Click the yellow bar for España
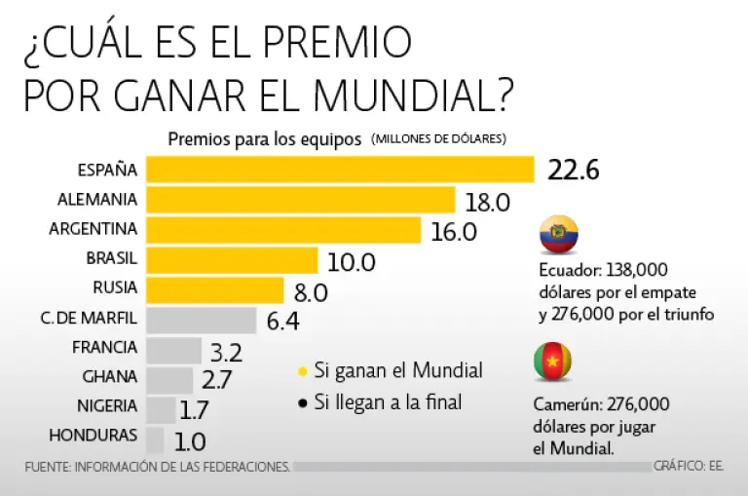pos(340,170)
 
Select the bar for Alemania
pos(300,200)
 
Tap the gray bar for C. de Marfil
pos(201,320)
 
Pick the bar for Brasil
pos(232,260)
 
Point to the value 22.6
pos(573,171)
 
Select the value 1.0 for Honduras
pos(190,440)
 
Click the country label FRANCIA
pos(105,347)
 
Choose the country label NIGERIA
pos(107,405)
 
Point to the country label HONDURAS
pos(93,435)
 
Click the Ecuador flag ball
pos(558,235)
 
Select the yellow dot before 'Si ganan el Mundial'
pos(303,371)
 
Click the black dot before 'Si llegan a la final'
pos(303,401)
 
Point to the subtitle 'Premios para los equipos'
pos(265,138)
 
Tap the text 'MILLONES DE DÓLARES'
pos(437,139)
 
